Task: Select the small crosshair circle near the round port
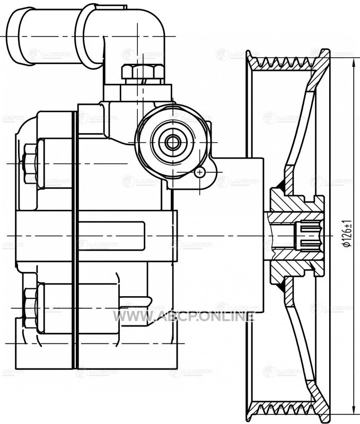(x=200, y=172)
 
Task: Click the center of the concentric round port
(x=172, y=142)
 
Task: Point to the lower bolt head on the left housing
(x=31, y=307)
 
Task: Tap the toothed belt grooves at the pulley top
(x=286, y=64)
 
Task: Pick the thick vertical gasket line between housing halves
(x=75, y=238)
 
